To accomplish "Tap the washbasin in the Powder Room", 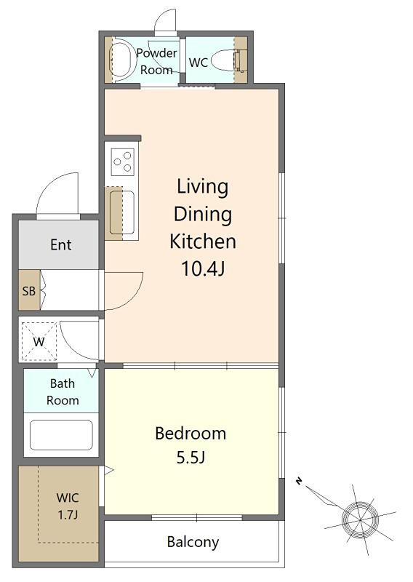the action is pyautogui.click(x=121, y=60).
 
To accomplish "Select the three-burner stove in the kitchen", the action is pyautogui.click(x=122, y=162).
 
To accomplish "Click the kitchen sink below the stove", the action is pyautogui.click(x=121, y=212).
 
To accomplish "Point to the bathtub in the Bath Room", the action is pyautogui.click(x=61, y=434).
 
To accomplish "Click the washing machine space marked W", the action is pyautogui.click(x=39, y=341).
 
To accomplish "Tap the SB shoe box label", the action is pyautogui.click(x=29, y=291).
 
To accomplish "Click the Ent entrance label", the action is pyautogui.click(x=61, y=244).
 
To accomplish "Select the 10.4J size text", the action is pyautogui.click(x=203, y=268).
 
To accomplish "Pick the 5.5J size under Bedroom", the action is pyautogui.click(x=191, y=458).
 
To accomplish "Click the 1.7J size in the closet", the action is pyautogui.click(x=68, y=515).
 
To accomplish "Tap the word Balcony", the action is pyautogui.click(x=193, y=542).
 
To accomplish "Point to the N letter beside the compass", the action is pyautogui.click(x=299, y=482).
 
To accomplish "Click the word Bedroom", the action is pyautogui.click(x=191, y=434).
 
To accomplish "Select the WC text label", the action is pyautogui.click(x=199, y=63).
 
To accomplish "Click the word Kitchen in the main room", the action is pyautogui.click(x=203, y=242).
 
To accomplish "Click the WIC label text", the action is pyautogui.click(x=68, y=498).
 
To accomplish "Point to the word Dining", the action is pyautogui.click(x=203, y=215).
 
